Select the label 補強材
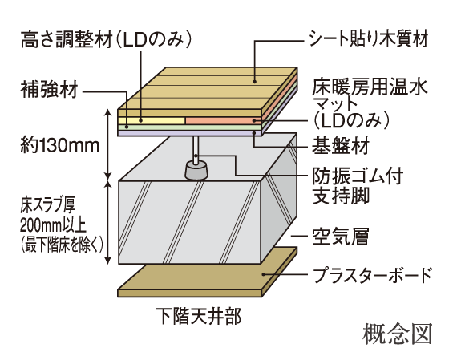click(48, 90)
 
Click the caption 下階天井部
click(196, 315)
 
